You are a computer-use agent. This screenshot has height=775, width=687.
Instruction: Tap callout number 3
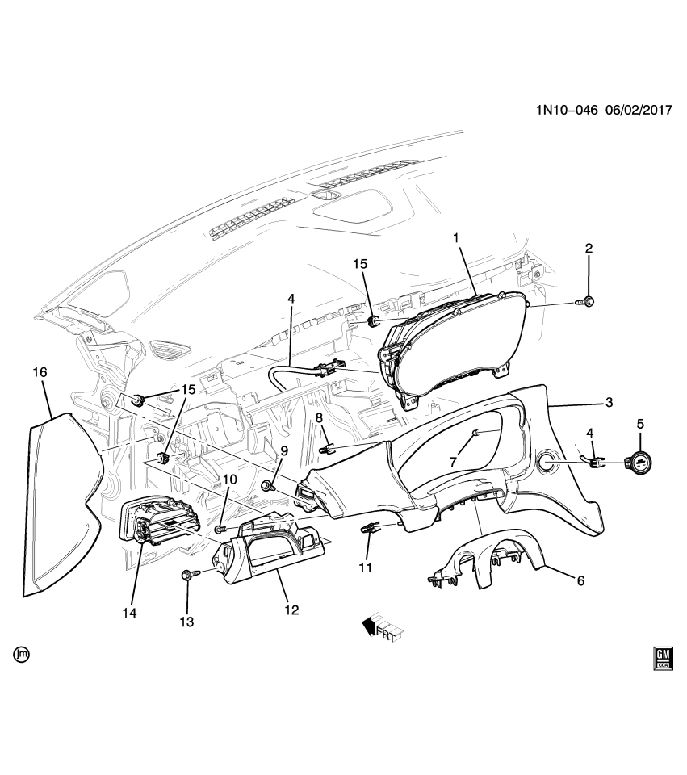(609, 402)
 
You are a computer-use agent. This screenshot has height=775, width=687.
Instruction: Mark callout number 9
(283, 451)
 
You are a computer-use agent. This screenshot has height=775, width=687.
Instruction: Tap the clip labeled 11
(370, 528)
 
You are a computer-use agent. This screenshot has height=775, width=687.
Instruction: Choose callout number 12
(291, 610)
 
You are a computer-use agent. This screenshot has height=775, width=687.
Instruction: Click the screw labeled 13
(188, 574)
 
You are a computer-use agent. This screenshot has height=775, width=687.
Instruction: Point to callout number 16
(40, 372)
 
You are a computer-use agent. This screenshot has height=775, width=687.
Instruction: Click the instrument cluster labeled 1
(452, 347)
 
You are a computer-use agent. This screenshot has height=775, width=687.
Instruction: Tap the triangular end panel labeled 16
(57, 501)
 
